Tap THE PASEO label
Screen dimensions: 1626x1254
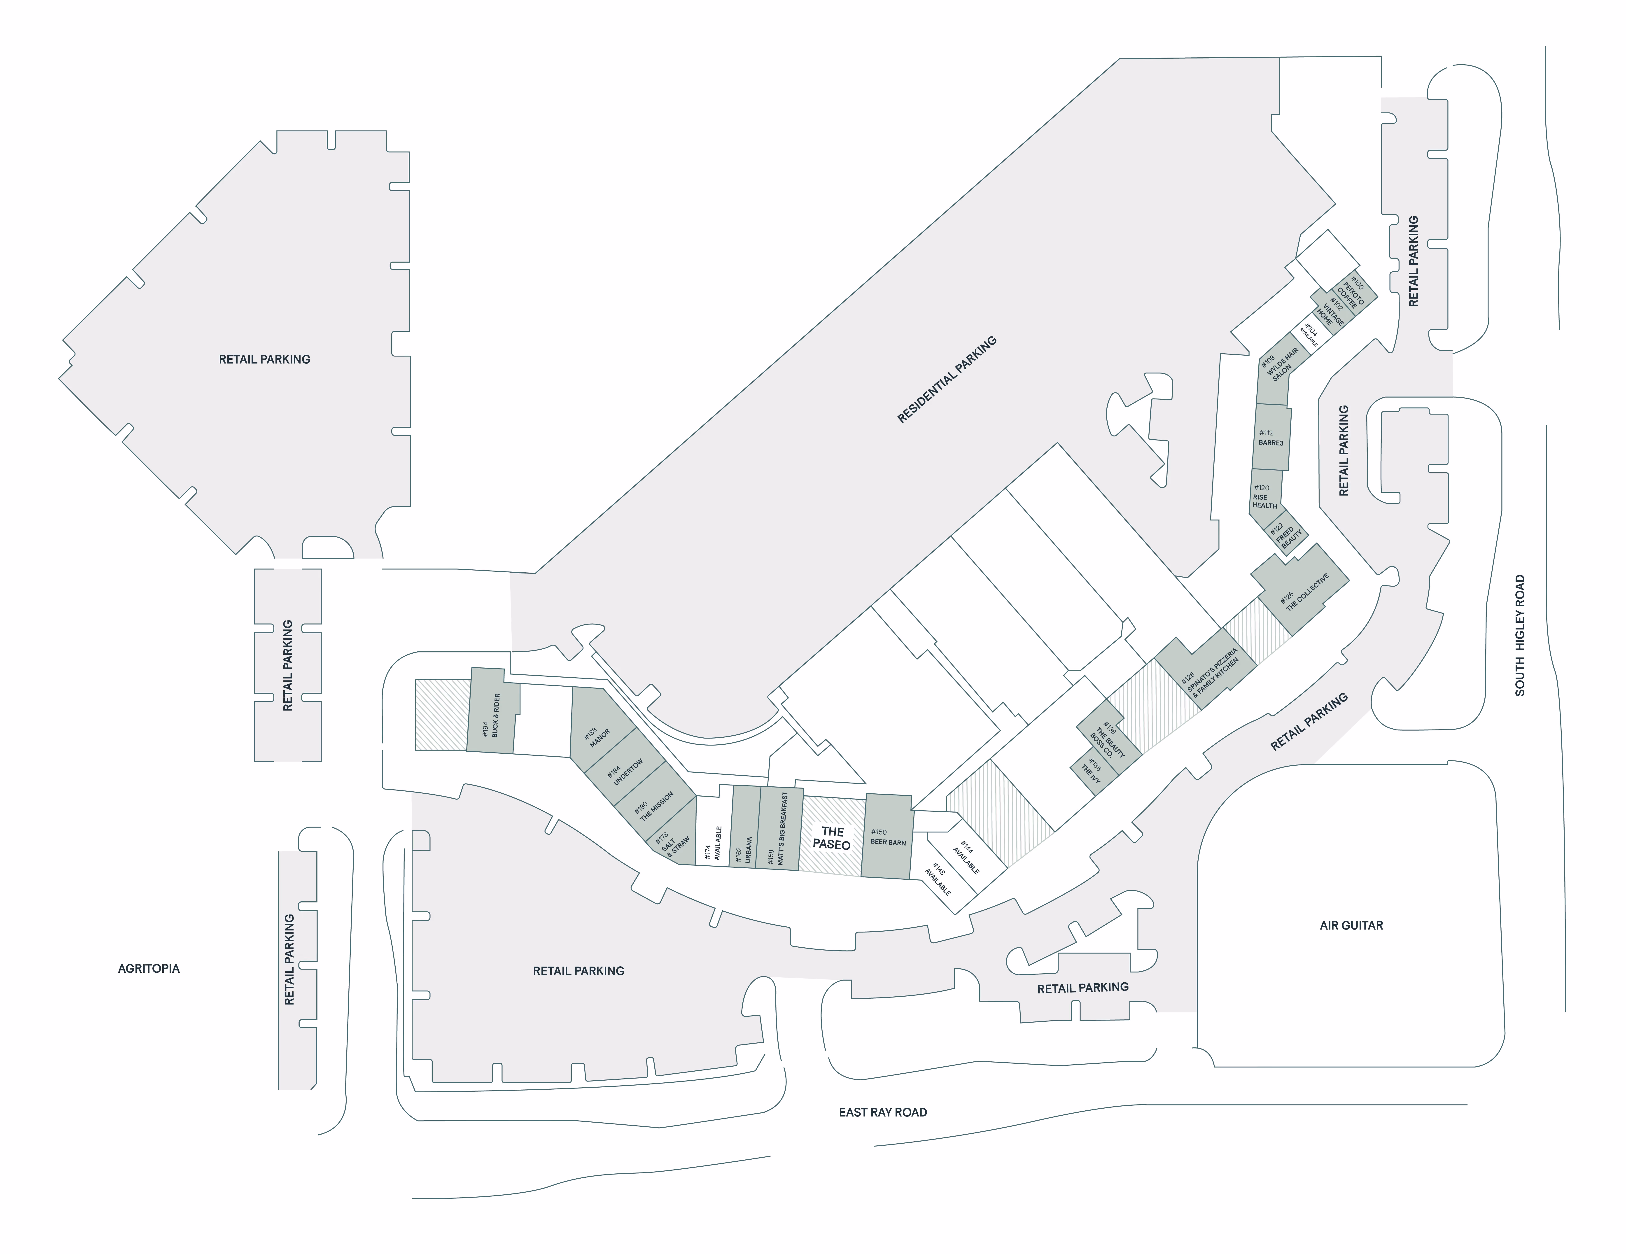[832, 838]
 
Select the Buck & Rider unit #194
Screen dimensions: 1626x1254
[492, 710]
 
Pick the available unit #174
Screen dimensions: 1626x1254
[713, 831]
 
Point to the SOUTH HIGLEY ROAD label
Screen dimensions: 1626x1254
[1520, 635]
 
